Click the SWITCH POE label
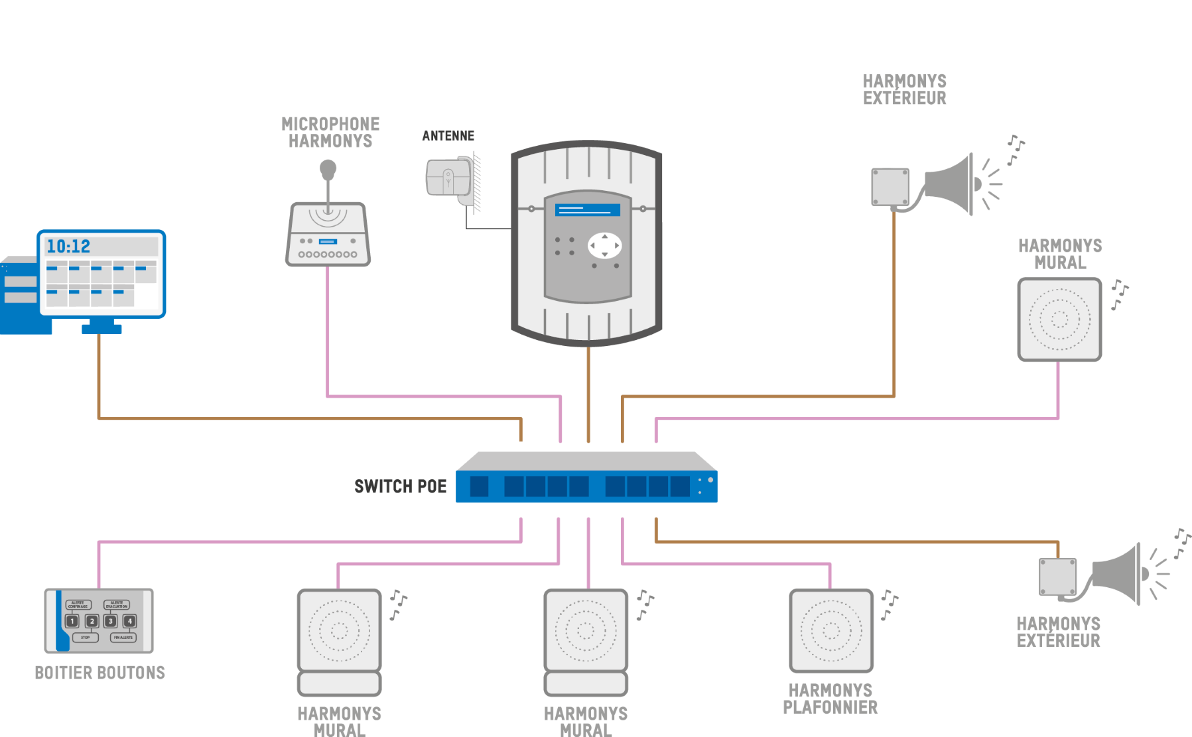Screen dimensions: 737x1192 [401, 486]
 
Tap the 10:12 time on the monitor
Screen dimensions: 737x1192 [68, 247]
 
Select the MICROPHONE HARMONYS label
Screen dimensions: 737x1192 [330, 133]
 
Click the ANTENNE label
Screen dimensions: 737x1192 [448, 136]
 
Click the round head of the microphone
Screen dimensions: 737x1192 [328, 168]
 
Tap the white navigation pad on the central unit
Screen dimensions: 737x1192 [604, 245]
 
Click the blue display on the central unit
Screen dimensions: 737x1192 [587, 209]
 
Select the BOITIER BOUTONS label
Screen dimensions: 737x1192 [99, 673]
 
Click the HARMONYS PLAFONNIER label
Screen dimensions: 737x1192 [830, 699]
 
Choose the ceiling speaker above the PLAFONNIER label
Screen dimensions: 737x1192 [830, 630]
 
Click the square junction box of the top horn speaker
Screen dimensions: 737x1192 [890, 186]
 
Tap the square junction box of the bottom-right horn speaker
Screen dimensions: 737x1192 [1057, 577]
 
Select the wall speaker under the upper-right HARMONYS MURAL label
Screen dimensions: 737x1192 [1059, 319]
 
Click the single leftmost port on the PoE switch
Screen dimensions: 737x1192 [479, 486]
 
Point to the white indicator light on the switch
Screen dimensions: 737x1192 [710, 480]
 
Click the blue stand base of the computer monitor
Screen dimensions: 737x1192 [101, 328]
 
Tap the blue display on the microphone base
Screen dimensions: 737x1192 [328, 241]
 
